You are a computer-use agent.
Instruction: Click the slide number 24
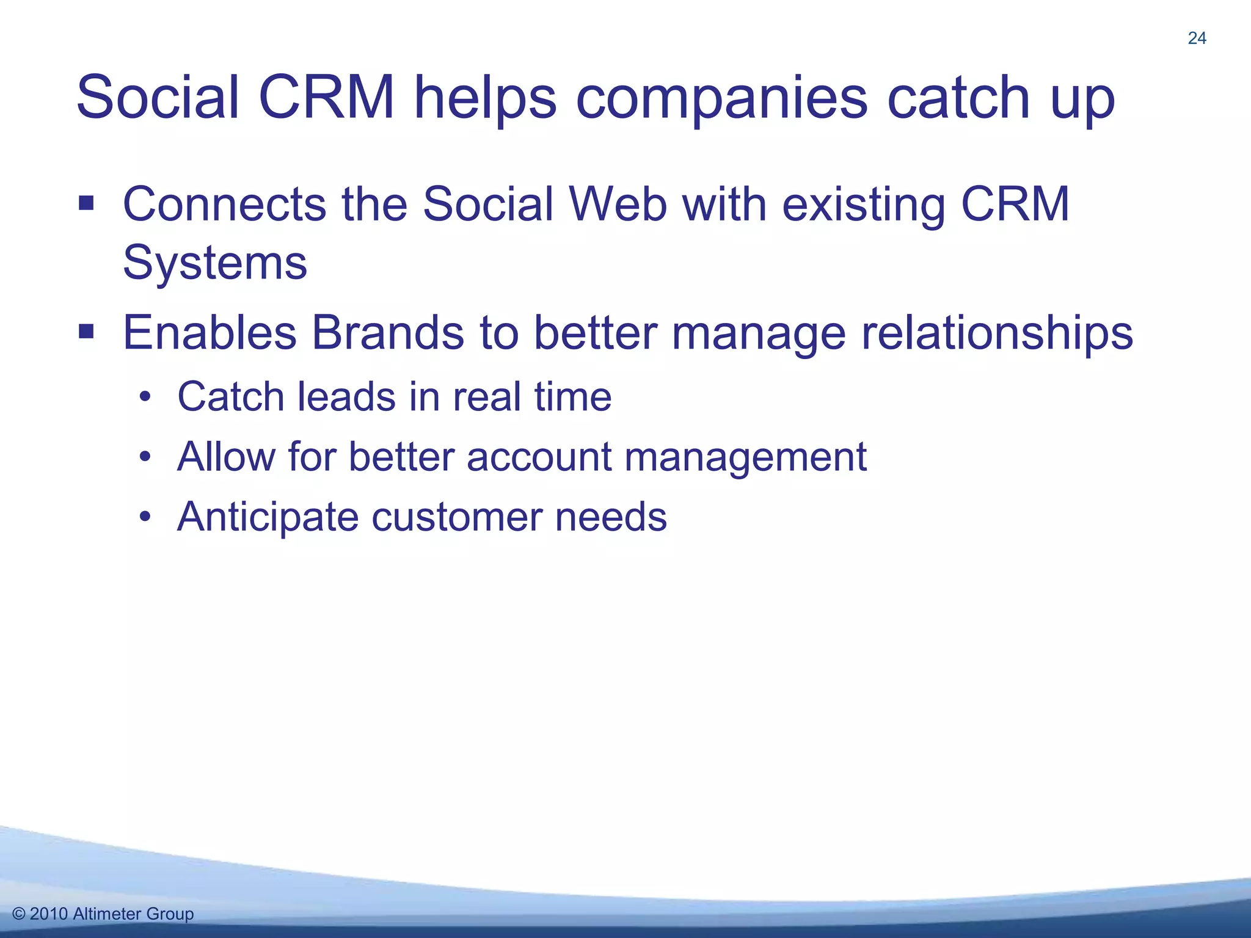1197,38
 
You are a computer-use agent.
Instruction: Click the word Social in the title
158,98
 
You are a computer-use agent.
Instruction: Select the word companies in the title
721,98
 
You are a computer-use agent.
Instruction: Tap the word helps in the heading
485,98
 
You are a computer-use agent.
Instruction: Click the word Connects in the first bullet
224,205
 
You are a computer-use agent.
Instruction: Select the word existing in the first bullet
863,205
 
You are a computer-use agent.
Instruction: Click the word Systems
214,263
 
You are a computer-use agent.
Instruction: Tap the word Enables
210,333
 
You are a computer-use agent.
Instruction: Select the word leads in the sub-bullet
346,397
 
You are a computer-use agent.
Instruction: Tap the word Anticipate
268,517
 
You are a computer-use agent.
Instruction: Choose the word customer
457,517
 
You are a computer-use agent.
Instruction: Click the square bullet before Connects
86,203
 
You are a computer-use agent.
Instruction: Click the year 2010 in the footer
49,914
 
